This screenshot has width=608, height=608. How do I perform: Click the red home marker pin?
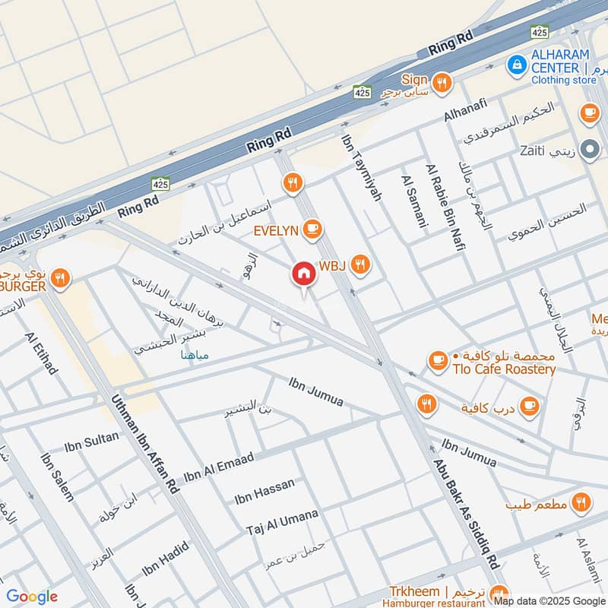click(x=303, y=274)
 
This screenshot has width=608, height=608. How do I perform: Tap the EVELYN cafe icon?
click(x=311, y=229)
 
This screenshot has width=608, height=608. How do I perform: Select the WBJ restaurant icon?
click(x=361, y=264)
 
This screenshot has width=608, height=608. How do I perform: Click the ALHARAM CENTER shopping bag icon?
click(x=517, y=65)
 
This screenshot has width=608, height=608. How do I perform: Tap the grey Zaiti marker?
click(x=588, y=149)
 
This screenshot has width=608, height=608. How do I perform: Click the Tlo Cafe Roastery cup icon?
click(x=438, y=362)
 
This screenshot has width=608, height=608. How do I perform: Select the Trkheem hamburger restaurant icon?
click(x=499, y=592)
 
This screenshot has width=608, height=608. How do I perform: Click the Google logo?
click(x=31, y=597)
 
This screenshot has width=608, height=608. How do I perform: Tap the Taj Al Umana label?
click(x=282, y=522)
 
